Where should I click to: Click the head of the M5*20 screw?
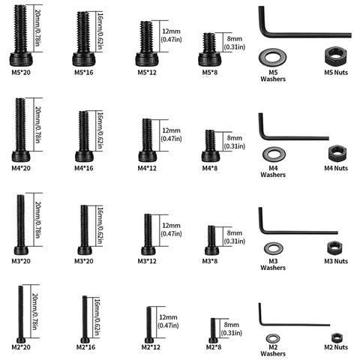(21, 59)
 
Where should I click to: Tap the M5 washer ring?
(263, 57)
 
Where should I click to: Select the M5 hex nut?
(336, 56)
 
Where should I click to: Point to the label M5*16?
(84, 73)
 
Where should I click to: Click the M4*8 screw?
(210, 145)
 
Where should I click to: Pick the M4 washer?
(265, 154)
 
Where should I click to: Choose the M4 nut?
(337, 153)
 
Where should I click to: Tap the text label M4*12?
(147, 168)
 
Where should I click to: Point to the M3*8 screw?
(211, 240)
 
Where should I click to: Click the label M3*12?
(147, 261)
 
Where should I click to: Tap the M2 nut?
(337, 337)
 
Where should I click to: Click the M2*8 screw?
(213, 331)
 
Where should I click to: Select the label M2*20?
(21, 347)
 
